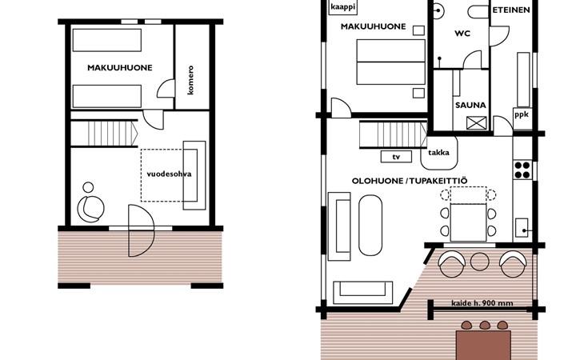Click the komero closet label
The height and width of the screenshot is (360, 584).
pos(190,80)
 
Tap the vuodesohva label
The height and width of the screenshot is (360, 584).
pos(169,174)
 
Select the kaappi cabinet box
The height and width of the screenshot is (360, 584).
pos(343,7)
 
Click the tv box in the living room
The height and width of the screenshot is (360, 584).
pos(396,157)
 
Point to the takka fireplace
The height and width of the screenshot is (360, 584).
pos(438,153)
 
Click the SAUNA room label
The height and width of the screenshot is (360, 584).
pos(470,106)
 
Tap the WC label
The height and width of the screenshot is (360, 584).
pos(462,34)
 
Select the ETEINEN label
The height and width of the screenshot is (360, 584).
pos(511,10)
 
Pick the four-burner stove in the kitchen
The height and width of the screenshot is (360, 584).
pos(522,170)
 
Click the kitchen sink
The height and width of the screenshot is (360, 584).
pos(522,228)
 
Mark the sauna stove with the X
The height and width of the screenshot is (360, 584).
pos(476,123)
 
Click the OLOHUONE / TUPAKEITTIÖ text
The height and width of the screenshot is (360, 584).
pos(410,181)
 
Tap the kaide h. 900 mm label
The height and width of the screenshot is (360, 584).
pos(482,303)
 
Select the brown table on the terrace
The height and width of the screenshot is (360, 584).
pos(483,345)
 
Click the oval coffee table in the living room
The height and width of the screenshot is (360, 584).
pos(370,226)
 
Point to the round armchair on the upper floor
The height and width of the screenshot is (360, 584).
pos(90,209)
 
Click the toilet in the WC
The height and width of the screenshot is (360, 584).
pos(478,12)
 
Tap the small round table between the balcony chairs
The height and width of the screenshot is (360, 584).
pos(480,262)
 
